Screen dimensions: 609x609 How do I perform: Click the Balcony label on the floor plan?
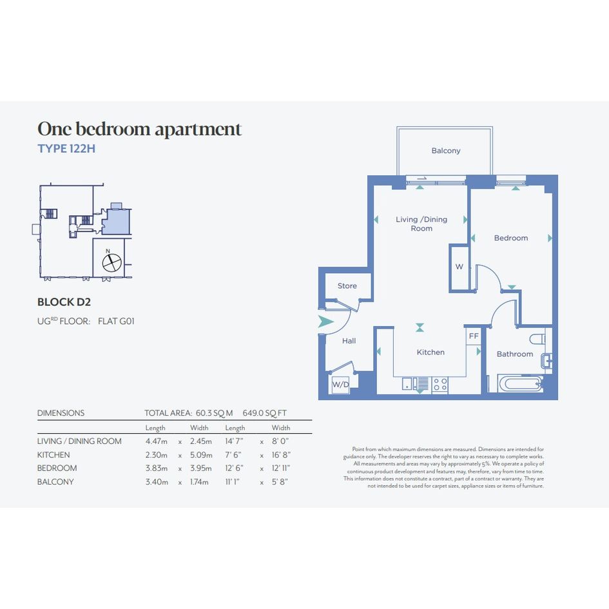tap(446, 150)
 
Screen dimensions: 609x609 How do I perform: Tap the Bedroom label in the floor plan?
tap(511, 238)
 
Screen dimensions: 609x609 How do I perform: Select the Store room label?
tap(347, 286)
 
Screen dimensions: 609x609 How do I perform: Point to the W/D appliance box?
tap(340, 385)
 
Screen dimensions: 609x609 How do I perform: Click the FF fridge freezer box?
tap(474, 336)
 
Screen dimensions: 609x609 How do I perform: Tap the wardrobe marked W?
tap(459, 267)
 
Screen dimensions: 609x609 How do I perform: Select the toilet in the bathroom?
tap(538, 339)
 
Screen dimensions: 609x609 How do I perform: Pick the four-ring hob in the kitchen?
tap(440, 385)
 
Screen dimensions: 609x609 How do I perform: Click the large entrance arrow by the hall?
tap(325, 322)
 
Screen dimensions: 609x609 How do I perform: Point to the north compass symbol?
tap(112, 263)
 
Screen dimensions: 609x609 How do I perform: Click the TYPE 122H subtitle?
tap(66, 149)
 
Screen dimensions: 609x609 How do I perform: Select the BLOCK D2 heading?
tap(64, 302)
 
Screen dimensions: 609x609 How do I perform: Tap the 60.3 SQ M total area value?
tap(214, 413)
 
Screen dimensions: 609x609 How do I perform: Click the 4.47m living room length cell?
tap(156, 441)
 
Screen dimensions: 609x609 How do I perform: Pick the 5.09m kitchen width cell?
tap(201, 455)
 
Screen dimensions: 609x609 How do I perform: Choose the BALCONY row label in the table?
tap(55, 481)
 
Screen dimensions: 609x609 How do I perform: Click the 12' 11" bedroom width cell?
tap(281, 468)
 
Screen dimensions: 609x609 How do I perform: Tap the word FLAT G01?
tap(116, 321)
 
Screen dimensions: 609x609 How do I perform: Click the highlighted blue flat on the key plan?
tap(116, 220)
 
